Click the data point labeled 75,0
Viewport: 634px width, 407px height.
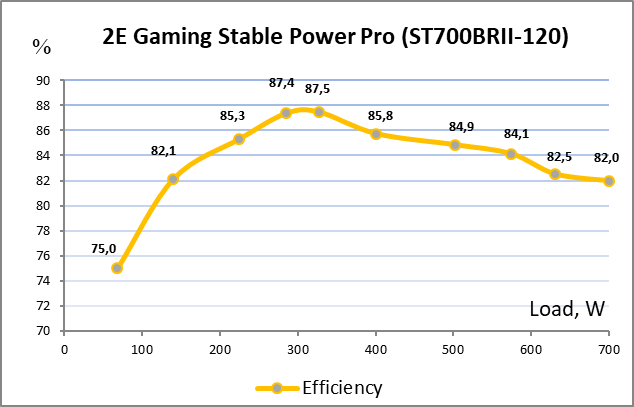click(117, 268)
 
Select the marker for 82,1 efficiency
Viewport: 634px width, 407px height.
click(173, 179)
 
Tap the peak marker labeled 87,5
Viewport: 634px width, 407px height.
click(319, 112)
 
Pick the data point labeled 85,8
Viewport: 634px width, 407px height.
click(376, 134)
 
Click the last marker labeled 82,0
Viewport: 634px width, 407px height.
click(609, 181)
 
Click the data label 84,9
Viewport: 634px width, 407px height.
click(462, 127)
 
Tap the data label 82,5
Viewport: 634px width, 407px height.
click(560, 157)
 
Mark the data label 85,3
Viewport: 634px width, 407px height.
click(233, 116)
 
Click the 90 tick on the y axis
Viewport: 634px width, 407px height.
click(44, 81)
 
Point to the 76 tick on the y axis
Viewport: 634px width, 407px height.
click(44, 256)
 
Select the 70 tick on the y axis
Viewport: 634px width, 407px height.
click(44, 331)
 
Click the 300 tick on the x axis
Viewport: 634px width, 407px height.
click(298, 349)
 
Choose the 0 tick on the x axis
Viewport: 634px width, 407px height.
click(65, 349)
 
